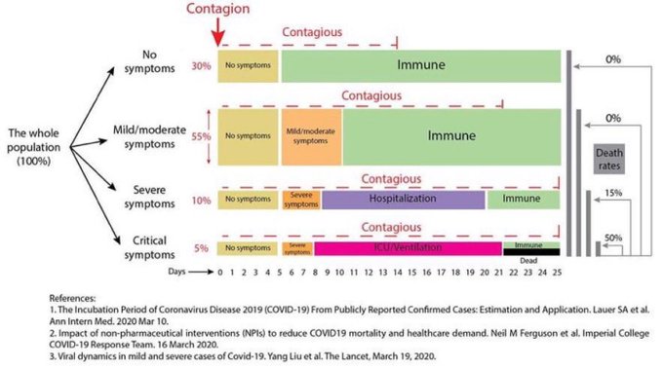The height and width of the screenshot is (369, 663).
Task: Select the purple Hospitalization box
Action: (403, 199)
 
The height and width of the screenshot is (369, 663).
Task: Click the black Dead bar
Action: (530, 253)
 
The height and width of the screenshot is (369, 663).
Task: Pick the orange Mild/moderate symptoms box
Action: (311, 136)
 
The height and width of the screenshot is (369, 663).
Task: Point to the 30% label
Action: (201, 66)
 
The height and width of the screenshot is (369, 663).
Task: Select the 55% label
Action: (201, 136)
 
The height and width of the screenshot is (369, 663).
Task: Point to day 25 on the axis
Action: (557, 272)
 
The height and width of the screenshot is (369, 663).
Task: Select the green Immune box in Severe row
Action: (524, 199)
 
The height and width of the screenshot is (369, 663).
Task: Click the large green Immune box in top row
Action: (419, 66)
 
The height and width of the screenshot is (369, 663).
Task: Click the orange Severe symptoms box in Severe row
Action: (301, 199)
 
